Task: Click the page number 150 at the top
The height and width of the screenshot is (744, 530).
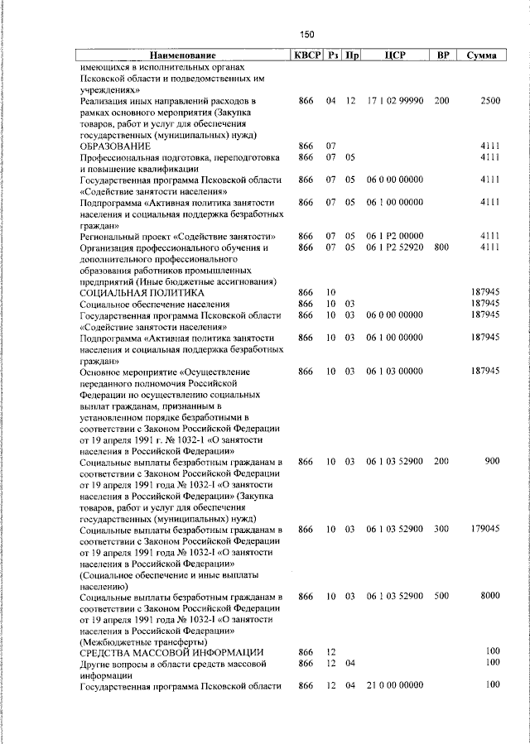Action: [x=307, y=35]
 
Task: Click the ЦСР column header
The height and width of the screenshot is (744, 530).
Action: [x=394, y=55]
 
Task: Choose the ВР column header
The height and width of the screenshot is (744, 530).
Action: [x=443, y=55]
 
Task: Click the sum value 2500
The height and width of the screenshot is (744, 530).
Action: [x=489, y=100]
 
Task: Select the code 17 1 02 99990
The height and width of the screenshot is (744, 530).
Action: [x=395, y=100]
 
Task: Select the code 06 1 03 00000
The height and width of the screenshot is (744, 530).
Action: [x=395, y=372]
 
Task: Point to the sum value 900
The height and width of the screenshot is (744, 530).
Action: [x=492, y=461]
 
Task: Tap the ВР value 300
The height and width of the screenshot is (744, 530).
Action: [x=441, y=529]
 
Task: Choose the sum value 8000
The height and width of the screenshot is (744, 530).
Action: [x=489, y=596]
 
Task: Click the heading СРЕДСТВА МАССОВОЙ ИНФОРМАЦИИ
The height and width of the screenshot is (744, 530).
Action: [x=171, y=652]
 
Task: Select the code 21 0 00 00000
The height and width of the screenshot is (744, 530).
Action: [x=395, y=685]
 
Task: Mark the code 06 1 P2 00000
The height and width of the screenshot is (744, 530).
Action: [x=395, y=237]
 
